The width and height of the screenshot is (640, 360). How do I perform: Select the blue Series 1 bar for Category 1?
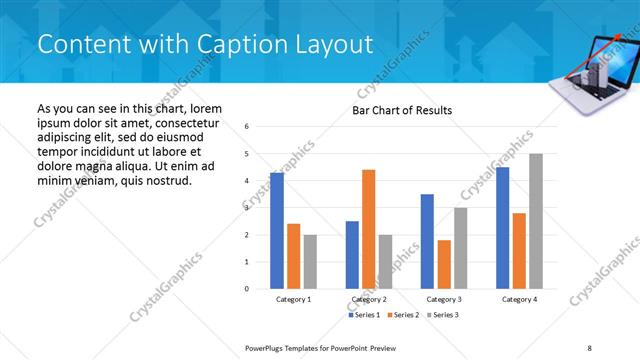point(277,231)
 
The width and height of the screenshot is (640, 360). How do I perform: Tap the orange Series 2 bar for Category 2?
point(368,229)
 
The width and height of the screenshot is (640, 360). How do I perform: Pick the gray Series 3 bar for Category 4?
point(536,221)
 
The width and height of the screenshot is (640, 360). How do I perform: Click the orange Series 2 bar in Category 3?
point(444,264)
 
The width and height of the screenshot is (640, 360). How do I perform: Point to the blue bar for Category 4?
point(502,228)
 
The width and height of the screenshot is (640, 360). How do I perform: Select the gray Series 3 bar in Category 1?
point(310,261)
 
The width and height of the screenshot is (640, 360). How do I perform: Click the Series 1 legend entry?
point(364,315)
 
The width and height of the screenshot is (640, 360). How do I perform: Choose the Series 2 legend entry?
point(402,315)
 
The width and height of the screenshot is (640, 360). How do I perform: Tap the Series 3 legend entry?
point(441,315)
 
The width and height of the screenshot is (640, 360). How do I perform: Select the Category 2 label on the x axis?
point(369,300)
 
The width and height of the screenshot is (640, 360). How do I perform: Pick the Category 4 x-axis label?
point(519,300)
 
